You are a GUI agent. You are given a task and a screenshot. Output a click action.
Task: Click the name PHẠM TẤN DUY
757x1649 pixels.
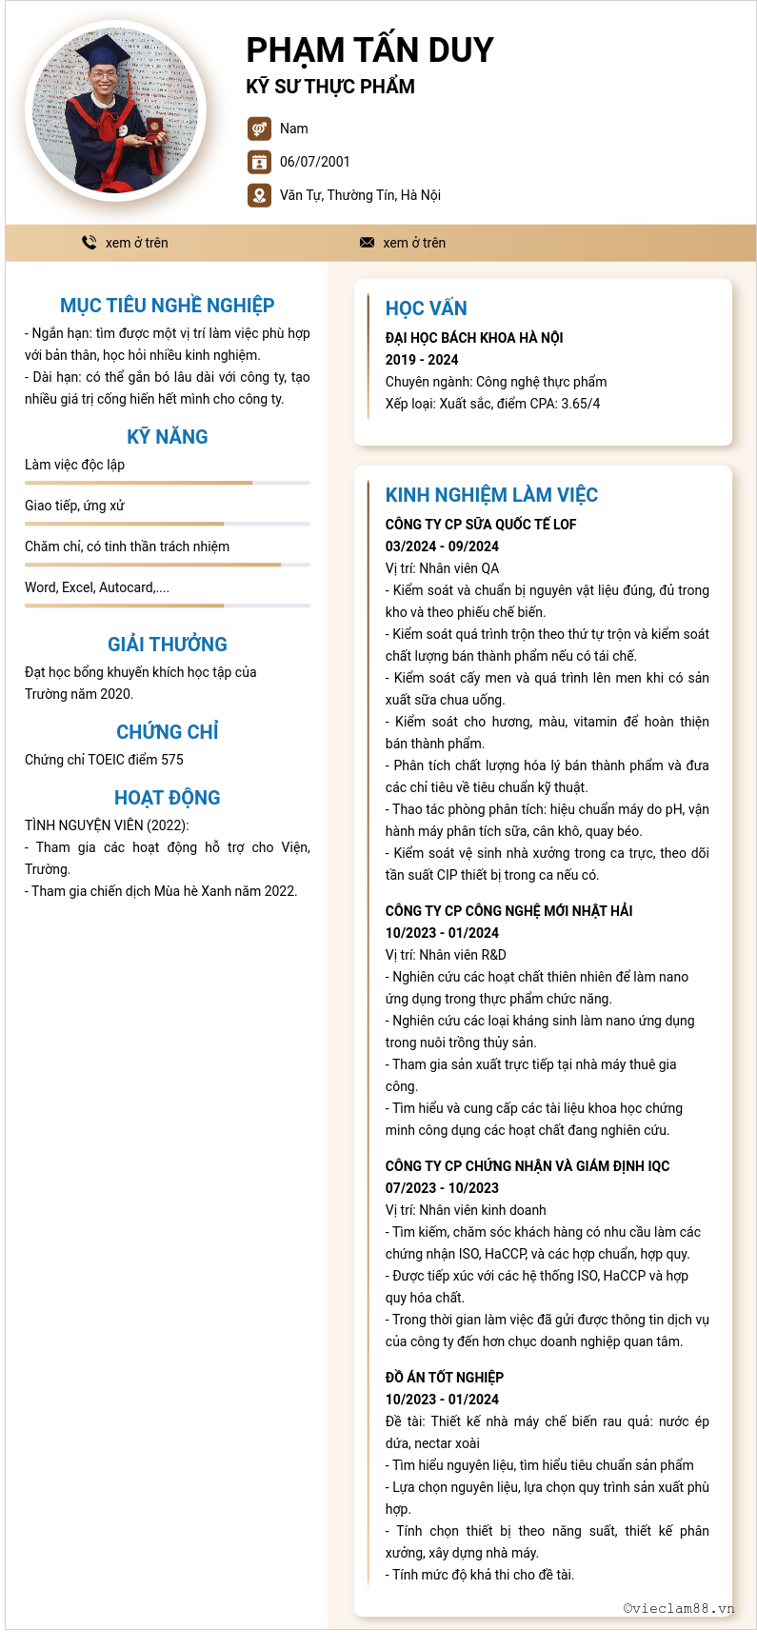tap(369, 50)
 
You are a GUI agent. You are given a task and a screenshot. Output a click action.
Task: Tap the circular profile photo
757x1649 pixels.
tap(114, 111)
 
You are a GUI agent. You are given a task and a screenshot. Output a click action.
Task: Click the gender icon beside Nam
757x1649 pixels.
tap(258, 129)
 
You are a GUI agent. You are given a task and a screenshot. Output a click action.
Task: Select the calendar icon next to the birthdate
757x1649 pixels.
tap(258, 162)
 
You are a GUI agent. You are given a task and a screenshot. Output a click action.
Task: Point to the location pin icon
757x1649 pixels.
tap(258, 195)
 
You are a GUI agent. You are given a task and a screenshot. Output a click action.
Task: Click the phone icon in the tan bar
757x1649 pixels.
tap(89, 243)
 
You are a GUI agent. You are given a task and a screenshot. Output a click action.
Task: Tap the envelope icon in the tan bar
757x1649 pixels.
tap(367, 243)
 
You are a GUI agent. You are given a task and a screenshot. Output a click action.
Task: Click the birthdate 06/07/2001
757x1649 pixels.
tap(314, 162)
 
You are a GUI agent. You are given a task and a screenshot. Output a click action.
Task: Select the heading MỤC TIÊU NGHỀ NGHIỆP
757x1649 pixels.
tap(167, 306)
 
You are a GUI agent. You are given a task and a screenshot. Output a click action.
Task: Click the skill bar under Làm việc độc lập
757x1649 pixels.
tap(167, 483)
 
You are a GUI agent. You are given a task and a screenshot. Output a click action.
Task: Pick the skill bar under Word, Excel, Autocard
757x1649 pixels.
tap(167, 606)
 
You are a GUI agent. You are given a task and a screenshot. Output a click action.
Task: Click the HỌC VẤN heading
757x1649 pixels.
tap(426, 308)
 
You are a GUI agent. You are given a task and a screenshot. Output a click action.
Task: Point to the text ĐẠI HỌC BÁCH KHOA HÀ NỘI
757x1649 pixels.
tap(474, 338)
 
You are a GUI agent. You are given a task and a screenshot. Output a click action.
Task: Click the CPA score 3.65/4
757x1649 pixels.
tap(581, 404)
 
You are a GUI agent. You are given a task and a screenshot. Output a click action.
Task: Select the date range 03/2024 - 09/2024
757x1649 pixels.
tap(442, 546)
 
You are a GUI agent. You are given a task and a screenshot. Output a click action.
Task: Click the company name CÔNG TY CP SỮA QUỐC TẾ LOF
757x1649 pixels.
tap(481, 525)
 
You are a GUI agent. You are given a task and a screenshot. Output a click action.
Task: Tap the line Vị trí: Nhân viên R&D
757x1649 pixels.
tap(446, 955)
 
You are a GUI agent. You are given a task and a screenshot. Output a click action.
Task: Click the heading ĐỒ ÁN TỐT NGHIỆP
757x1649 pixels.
tap(444, 1378)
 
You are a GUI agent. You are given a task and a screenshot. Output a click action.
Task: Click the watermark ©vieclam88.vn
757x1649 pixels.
tap(678, 1608)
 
